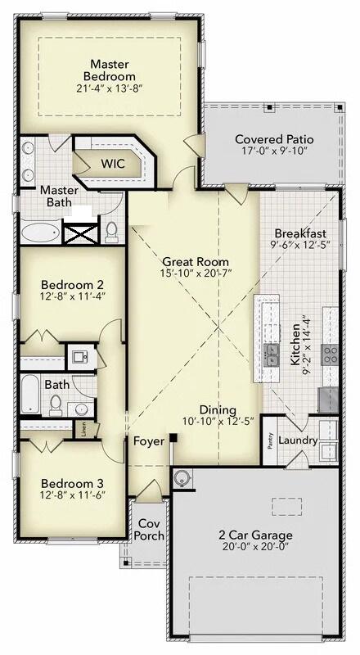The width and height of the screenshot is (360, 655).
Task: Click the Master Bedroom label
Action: coord(109,70)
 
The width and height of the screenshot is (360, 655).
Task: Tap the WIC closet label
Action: coord(112,164)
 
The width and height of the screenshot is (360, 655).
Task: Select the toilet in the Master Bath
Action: coord(112,232)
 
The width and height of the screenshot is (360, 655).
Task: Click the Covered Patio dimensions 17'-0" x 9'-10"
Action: coord(274,153)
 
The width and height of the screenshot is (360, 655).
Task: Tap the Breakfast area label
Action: coord(300,233)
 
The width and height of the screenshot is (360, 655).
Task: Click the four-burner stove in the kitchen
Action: coord(331,354)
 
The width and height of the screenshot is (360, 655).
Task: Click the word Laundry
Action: coord(297,440)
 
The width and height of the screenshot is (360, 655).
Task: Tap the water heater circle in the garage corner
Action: coord(182,477)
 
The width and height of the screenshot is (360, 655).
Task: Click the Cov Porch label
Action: coord(150,530)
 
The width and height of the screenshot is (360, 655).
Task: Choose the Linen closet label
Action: coord(83,427)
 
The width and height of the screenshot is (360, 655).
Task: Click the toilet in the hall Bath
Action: coord(56,403)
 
